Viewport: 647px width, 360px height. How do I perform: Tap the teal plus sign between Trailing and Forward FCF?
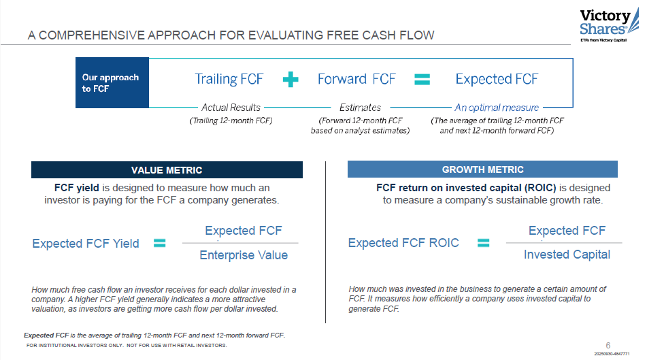(291, 80)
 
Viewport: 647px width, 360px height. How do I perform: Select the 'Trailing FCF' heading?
(229, 80)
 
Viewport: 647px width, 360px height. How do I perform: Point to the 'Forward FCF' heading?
(356, 80)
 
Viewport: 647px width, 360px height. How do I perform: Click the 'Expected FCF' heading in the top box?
(497, 80)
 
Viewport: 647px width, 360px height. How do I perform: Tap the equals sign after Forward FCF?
(422, 80)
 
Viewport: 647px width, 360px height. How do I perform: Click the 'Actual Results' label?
(230, 108)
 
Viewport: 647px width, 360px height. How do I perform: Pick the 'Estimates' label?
(360, 108)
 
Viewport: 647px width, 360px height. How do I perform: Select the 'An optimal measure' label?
(497, 108)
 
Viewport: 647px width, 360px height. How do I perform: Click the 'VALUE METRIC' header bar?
(167, 170)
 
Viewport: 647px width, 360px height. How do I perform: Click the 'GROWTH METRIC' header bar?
(482, 169)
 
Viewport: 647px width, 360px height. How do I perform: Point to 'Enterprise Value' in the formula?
(244, 255)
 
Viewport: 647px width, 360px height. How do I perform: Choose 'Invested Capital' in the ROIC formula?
(567, 255)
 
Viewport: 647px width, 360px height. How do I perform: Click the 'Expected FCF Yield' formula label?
(86, 244)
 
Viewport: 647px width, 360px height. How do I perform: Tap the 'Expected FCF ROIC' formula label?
(403, 243)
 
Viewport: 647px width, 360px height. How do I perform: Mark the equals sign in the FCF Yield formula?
(160, 243)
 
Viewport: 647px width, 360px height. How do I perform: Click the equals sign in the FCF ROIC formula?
(484, 243)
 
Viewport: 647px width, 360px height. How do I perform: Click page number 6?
(608, 344)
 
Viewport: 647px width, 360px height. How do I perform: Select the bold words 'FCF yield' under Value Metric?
(77, 188)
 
